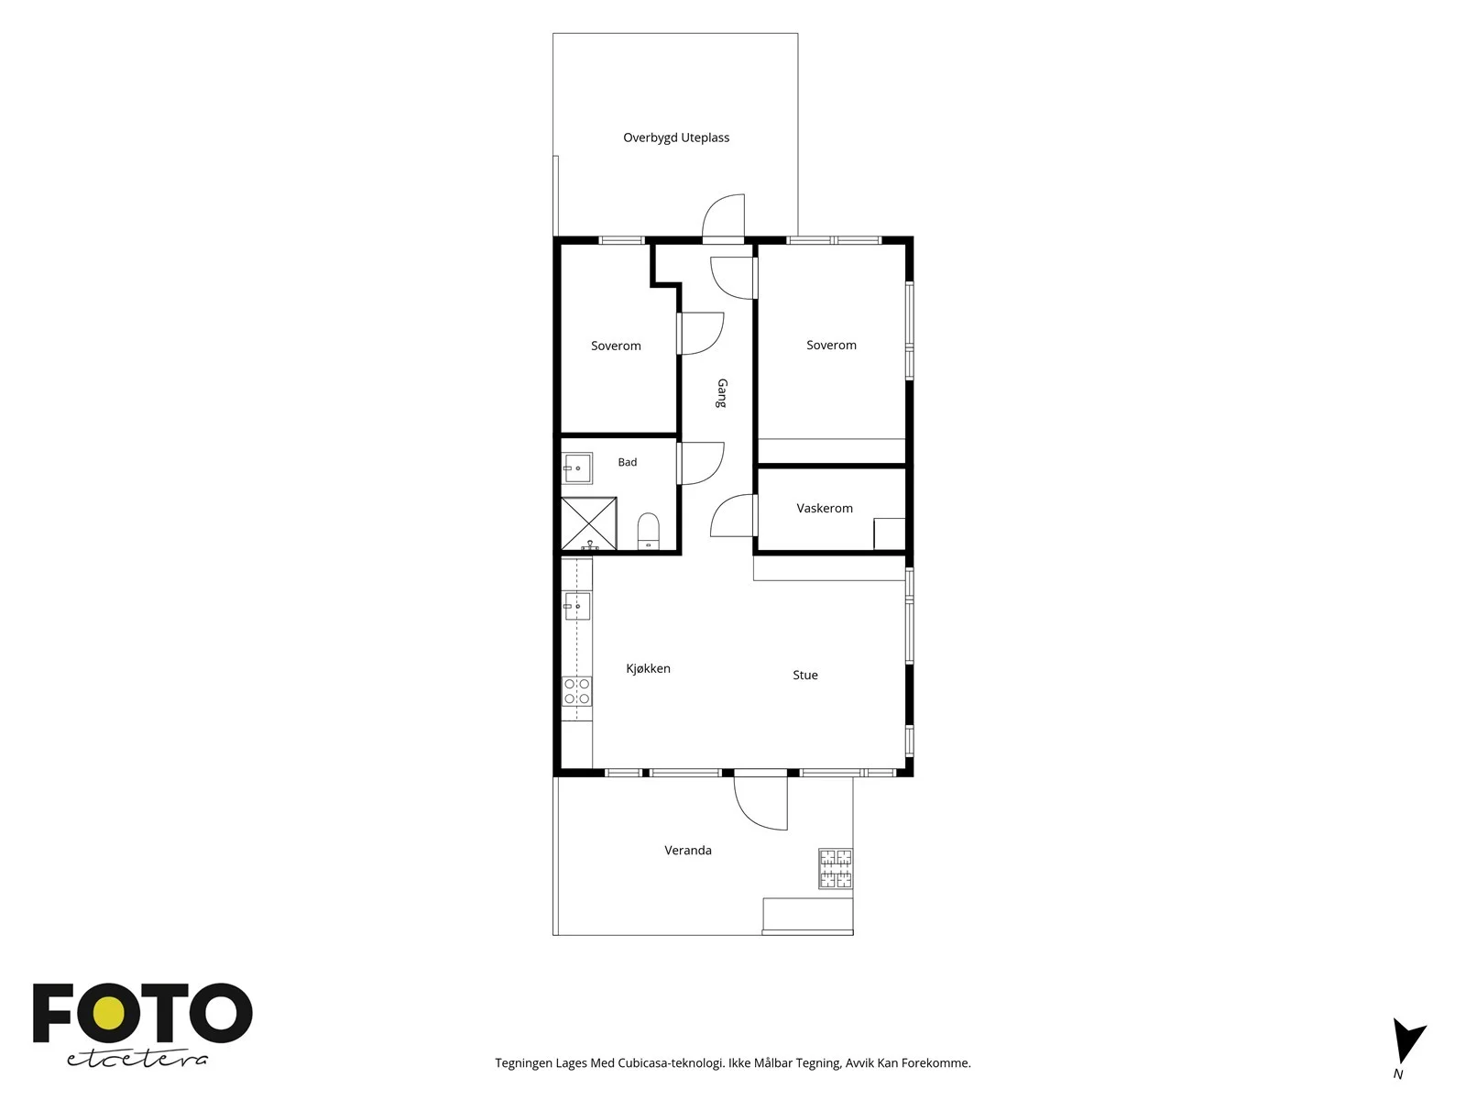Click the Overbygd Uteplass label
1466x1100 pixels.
tap(676, 137)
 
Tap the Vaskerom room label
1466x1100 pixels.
tap(824, 508)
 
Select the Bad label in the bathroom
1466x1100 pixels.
tap(627, 462)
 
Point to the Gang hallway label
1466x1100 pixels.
tap(721, 393)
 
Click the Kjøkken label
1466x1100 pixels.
tap(648, 668)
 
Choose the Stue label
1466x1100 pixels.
tap(804, 676)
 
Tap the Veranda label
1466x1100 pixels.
tap(688, 851)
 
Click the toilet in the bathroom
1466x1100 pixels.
tap(648, 531)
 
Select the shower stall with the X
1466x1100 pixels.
tap(588, 523)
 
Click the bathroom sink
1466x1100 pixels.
tap(578, 468)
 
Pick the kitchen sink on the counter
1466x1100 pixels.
tap(576, 606)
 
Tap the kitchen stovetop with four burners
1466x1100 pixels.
tap(576, 691)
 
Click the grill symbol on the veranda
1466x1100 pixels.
tap(836, 868)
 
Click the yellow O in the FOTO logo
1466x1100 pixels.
tap(108, 1014)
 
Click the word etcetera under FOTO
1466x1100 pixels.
tap(137, 1060)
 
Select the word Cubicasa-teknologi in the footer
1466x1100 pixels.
tap(672, 1063)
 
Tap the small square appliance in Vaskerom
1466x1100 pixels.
tap(890, 534)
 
